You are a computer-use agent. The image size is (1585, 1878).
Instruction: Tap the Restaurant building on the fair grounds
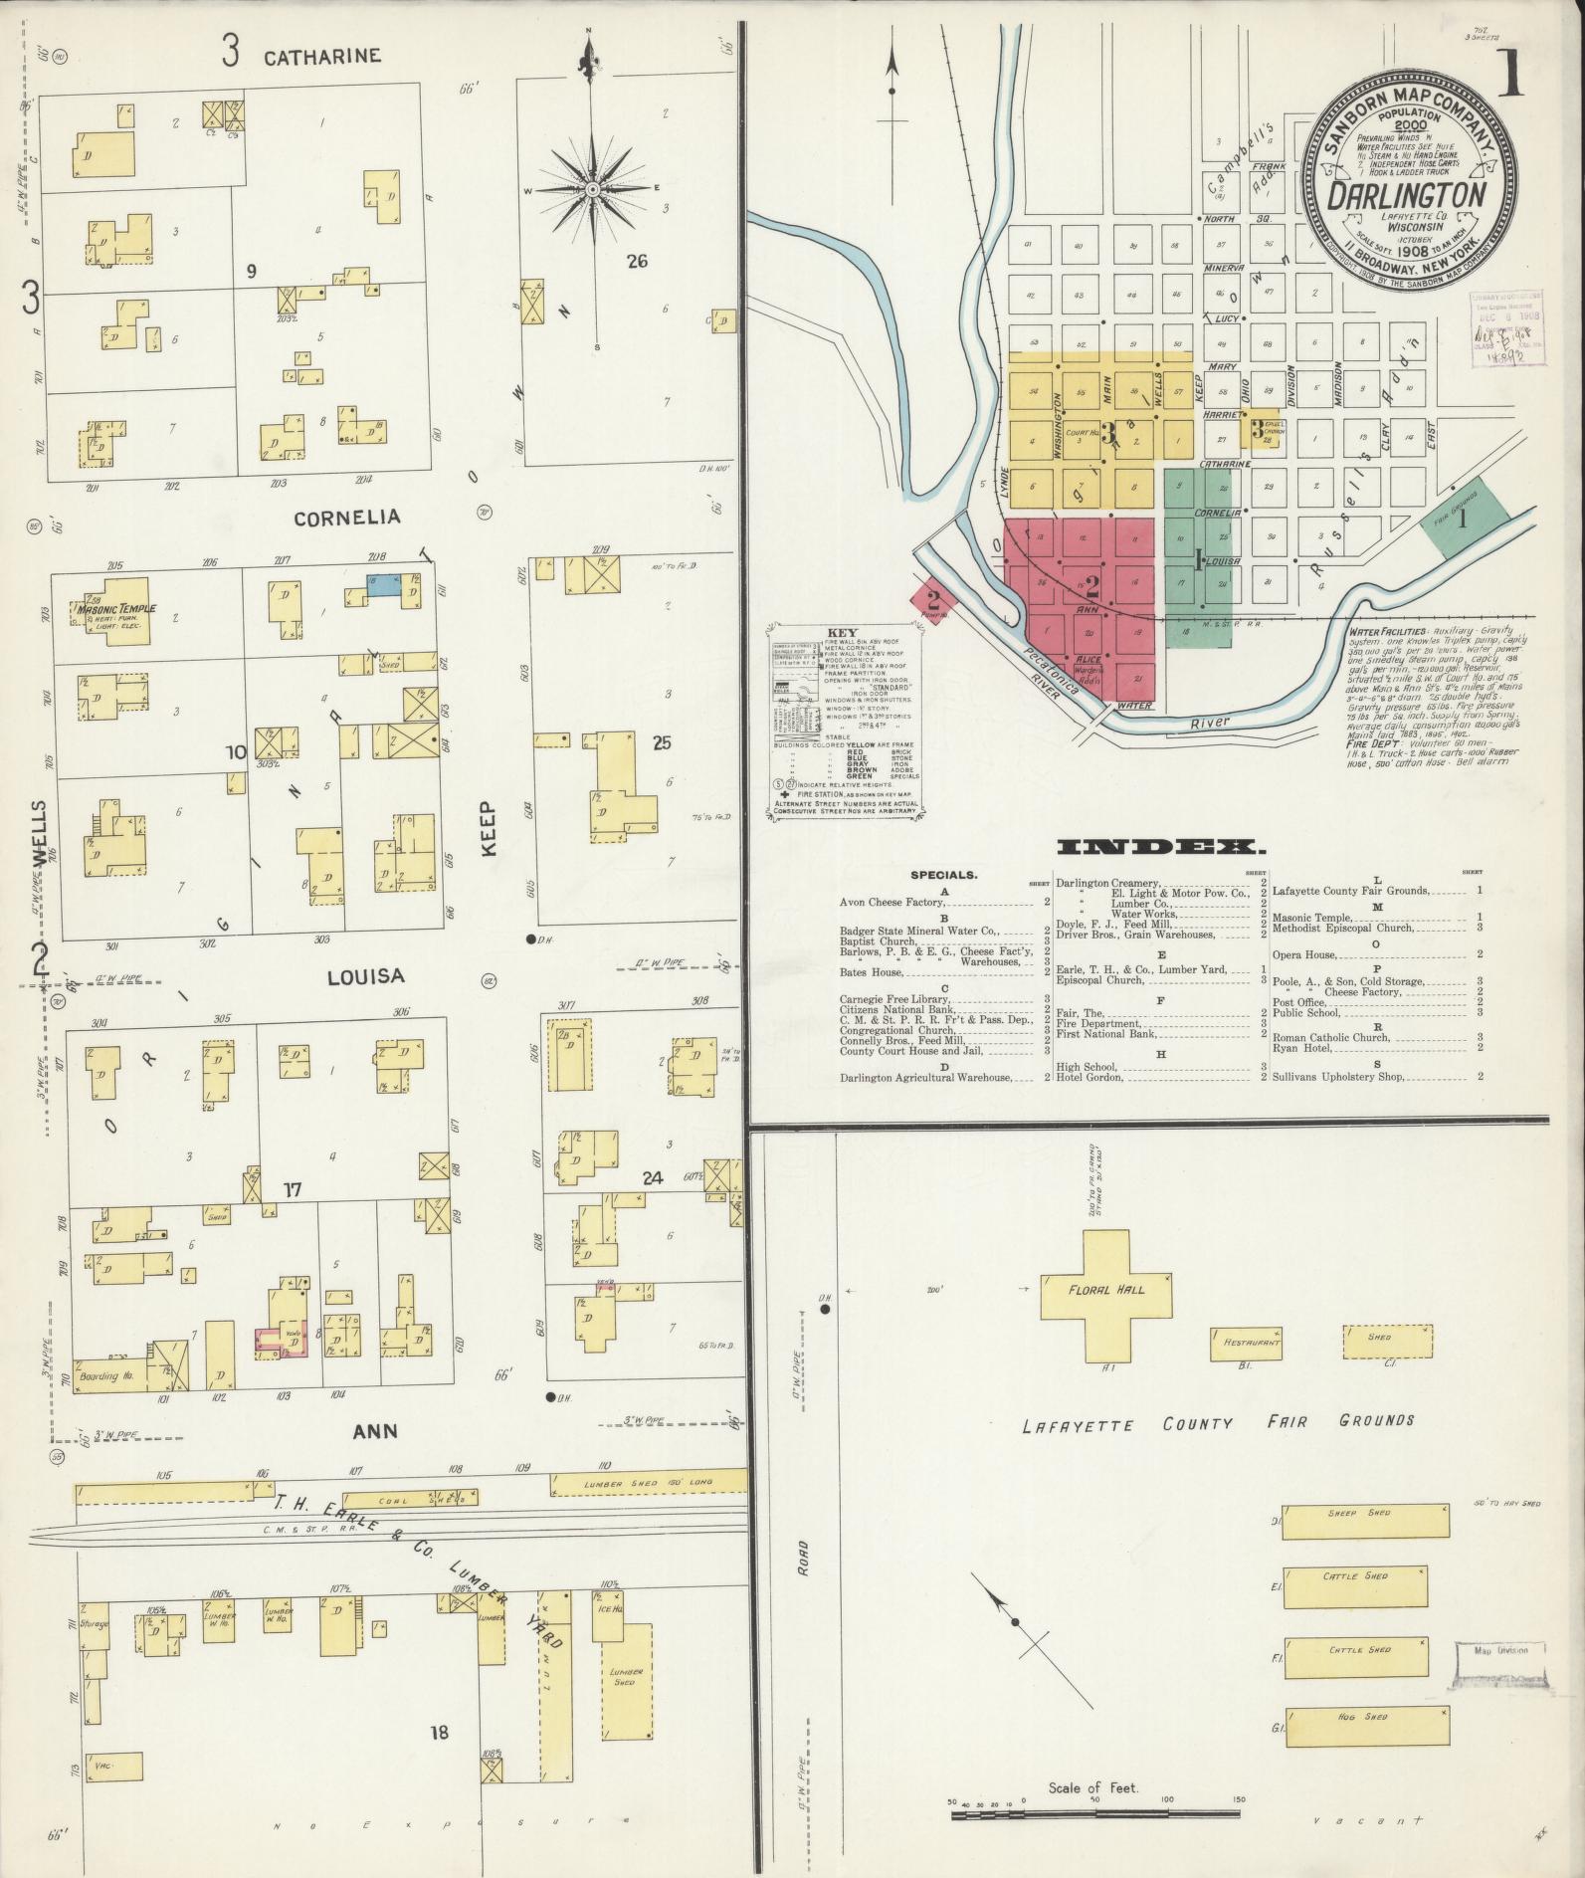(1245, 1343)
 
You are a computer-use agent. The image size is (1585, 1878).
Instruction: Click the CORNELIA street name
(346, 518)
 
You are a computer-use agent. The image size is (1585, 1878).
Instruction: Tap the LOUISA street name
(366, 976)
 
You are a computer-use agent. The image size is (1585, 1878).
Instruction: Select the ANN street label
(375, 1431)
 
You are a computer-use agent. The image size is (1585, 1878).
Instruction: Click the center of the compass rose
(592, 189)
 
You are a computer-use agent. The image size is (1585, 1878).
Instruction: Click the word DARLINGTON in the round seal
(1407, 195)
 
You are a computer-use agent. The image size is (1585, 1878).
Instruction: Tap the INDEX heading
(1160, 848)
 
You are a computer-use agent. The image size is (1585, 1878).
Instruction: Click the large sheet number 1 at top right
(1510, 74)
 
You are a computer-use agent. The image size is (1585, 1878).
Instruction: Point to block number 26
(637, 262)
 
